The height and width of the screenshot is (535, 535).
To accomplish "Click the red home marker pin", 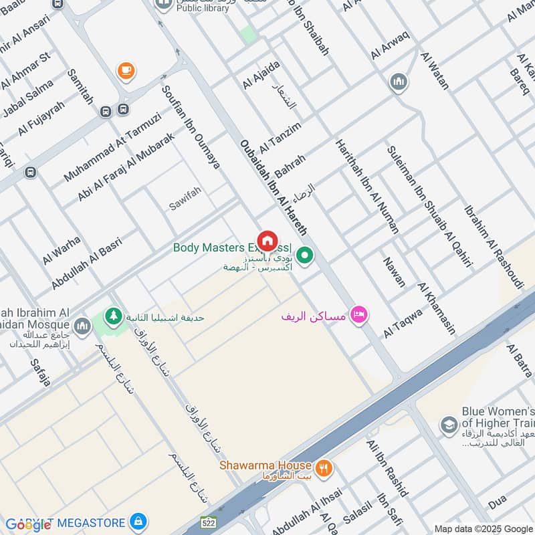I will point(267,240).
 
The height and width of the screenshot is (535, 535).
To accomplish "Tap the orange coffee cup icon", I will point(124,70).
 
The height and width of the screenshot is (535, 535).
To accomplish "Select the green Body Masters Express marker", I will point(306,255).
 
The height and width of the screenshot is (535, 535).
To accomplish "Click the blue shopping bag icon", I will point(138,520).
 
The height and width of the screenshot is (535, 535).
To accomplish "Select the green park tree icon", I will point(114,315).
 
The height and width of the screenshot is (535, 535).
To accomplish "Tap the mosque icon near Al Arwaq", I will point(399,83).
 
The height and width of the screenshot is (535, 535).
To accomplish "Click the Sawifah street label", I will point(185,199).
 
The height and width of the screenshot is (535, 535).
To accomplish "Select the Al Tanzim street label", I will point(280,136).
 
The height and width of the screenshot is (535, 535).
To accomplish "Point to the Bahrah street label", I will point(290,166).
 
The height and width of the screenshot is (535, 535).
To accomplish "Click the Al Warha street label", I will point(62,250).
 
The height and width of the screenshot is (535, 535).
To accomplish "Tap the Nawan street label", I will point(394,272).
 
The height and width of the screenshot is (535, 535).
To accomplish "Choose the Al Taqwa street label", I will point(403,323).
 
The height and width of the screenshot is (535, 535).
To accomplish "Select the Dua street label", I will point(497,501).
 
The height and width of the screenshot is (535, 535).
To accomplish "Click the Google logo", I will point(28,524).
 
